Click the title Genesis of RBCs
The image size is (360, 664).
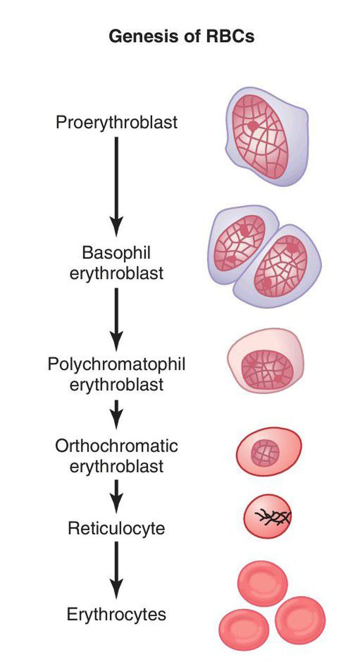182,37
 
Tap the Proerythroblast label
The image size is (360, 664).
116,122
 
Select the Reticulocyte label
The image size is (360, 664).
116,528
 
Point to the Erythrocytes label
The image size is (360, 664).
116,615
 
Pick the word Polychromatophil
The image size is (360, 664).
116,365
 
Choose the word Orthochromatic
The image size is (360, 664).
116,446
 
